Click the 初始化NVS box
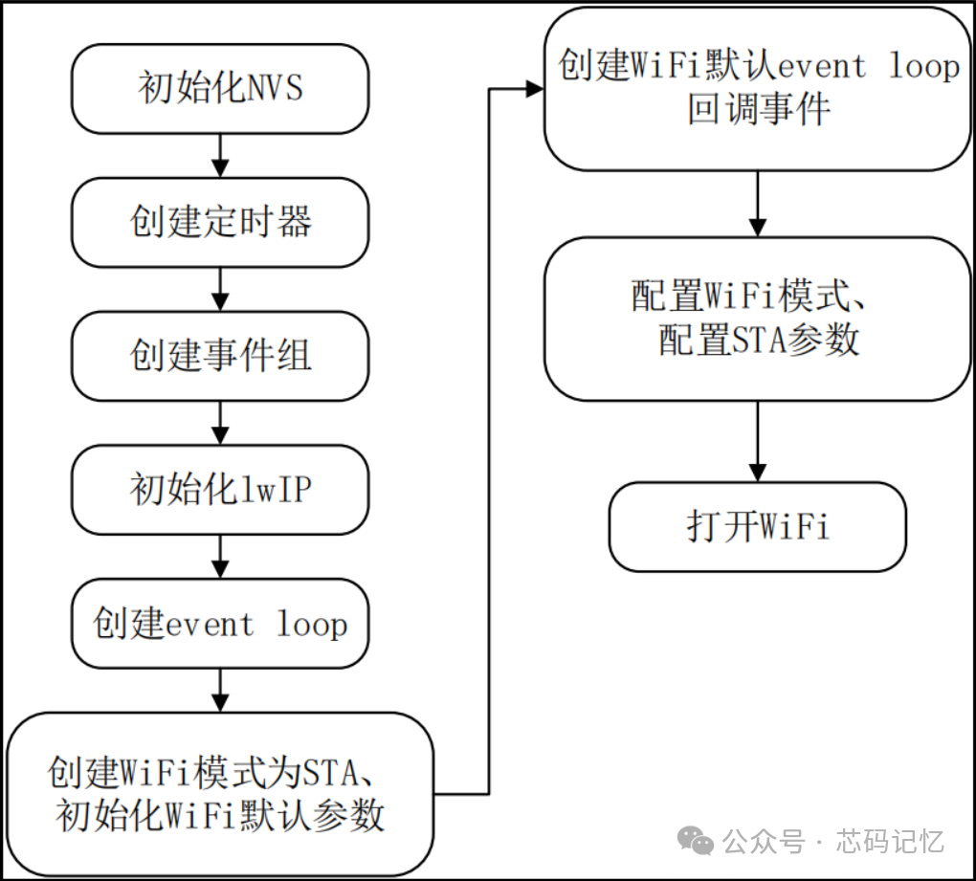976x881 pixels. pyautogui.click(x=220, y=88)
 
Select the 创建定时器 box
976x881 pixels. pyautogui.click(x=220, y=222)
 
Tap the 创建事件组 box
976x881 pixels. pyautogui.click(x=220, y=356)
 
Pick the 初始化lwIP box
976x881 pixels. pyautogui.click(x=220, y=490)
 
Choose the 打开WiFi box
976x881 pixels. pyautogui.click(x=758, y=526)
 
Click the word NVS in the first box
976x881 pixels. pyautogui.click(x=276, y=87)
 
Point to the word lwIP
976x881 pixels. pyautogui.click(x=276, y=489)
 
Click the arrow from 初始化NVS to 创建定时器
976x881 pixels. pyautogui.click(x=220, y=156)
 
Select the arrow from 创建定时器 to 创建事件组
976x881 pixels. pyautogui.click(x=220, y=289)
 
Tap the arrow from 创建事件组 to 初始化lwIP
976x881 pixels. pyautogui.click(x=220, y=423)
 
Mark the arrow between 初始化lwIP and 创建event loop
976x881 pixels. pyautogui.click(x=220, y=557)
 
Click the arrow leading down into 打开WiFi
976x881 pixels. pyautogui.click(x=758, y=441)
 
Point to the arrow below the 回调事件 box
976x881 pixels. pyautogui.click(x=758, y=204)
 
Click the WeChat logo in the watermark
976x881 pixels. pyautogui.click(x=696, y=841)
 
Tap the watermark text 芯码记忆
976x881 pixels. pyautogui.click(x=890, y=841)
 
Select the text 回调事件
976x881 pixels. pyautogui.click(x=759, y=109)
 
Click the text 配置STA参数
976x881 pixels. pyautogui.click(x=759, y=340)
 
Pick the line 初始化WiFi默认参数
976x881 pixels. pyautogui.click(x=220, y=815)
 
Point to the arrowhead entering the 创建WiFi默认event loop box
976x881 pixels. pyautogui.click(x=535, y=89)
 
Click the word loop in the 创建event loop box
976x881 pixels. pyautogui.click(x=312, y=624)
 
